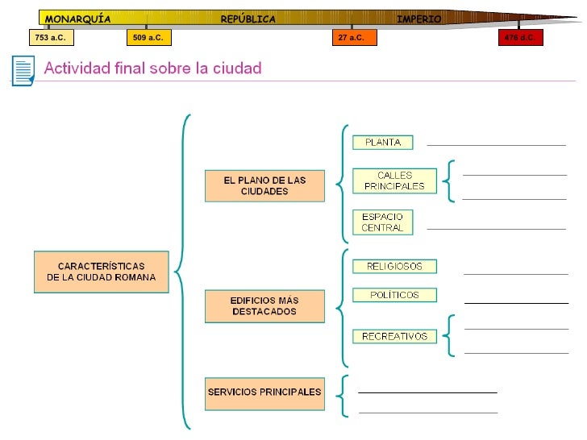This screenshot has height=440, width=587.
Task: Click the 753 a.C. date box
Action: coord(50,38)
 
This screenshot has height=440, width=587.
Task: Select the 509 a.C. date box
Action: coord(148,38)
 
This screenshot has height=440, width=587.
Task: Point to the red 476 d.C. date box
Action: coord(520,38)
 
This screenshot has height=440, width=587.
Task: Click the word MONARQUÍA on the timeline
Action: coord(77,19)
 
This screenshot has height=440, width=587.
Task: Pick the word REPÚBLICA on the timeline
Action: coord(248,19)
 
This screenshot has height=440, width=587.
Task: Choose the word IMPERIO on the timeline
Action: coord(418,19)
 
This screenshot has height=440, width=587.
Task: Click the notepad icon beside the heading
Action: coord(23,70)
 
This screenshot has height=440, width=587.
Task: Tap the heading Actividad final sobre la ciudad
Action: coord(152,68)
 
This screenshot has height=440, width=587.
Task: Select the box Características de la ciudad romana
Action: coord(101,272)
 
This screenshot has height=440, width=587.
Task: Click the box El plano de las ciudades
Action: coord(264,186)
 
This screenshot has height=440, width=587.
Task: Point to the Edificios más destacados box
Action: coord(264,306)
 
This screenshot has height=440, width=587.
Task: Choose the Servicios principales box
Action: coord(264,392)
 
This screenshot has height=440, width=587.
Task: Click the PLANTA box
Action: coord(383,143)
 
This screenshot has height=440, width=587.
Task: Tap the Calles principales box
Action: coord(394,181)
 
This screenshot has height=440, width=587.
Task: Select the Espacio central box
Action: coord(382,222)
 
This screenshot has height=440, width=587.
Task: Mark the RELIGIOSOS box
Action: coord(394,266)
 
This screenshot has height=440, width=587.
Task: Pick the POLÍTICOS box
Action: coord(394,295)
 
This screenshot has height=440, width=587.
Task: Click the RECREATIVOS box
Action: coord(394,336)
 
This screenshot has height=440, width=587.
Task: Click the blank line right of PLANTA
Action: coord(496,144)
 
